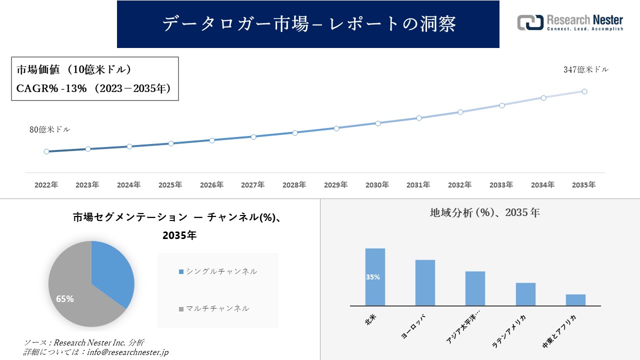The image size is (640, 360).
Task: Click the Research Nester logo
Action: [x=570, y=23]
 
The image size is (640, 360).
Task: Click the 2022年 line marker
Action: [x=46, y=151]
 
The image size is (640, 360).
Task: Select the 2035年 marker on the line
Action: [x=584, y=91]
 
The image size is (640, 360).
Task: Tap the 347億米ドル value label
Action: [x=586, y=70]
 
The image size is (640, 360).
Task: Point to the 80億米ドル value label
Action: [x=49, y=129]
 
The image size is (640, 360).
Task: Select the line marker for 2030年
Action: [x=378, y=123]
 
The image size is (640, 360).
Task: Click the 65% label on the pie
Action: [x=65, y=299]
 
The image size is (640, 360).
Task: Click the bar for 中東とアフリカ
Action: [x=575, y=300]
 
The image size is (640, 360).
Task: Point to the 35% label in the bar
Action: [x=373, y=277]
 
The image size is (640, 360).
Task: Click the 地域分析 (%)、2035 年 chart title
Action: [x=484, y=212]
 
